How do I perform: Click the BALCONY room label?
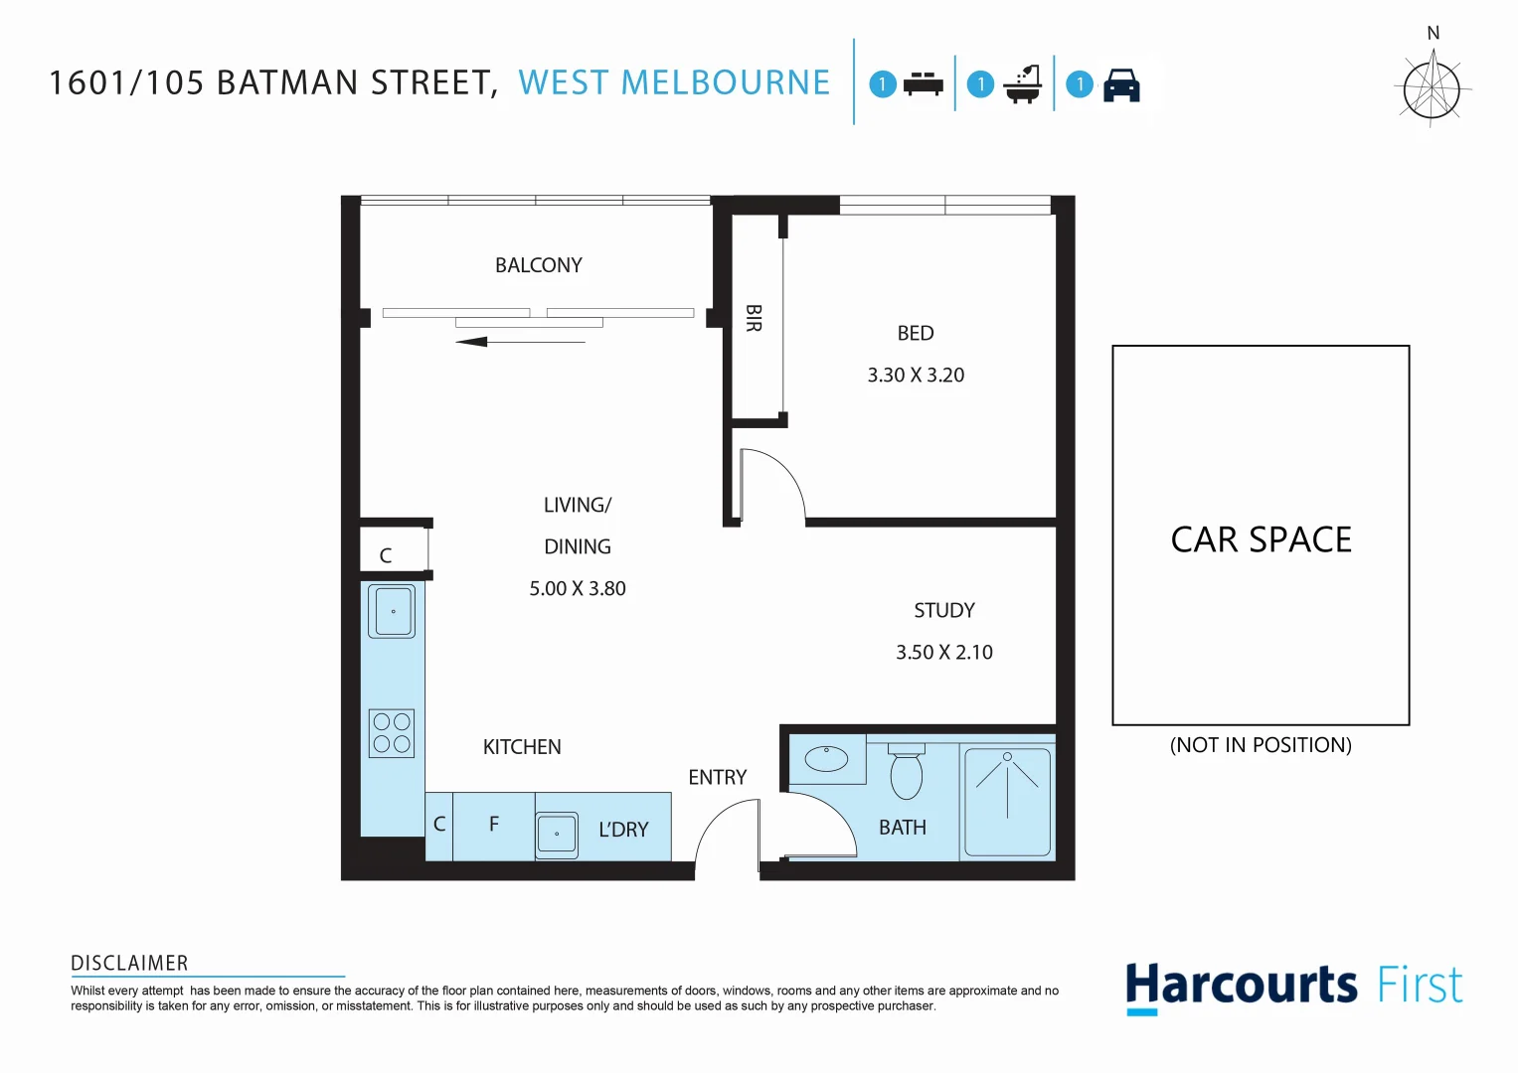tap(538, 265)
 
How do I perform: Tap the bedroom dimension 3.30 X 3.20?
tap(916, 376)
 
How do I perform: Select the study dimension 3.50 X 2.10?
tap(943, 653)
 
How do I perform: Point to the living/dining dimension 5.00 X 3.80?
tap(577, 589)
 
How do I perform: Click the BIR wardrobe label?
tap(754, 318)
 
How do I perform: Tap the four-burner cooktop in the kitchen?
tap(392, 733)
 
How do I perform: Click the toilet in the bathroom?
tap(906, 771)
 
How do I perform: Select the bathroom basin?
tap(826, 760)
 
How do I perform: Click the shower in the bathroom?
tap(1007, 801)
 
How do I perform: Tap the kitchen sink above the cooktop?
tap(392, 611)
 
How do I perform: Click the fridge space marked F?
tap(494, 825)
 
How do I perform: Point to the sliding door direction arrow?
tap(520, 342)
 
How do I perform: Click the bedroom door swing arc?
tap(775, 482)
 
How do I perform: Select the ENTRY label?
tap(717, 778)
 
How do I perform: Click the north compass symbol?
tap(1433, 87)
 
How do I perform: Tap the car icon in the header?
tap(1121, 85)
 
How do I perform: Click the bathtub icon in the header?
tap(1022, 84)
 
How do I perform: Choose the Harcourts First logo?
tap(1293, 987)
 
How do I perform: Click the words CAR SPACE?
tap(1261, 539)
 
